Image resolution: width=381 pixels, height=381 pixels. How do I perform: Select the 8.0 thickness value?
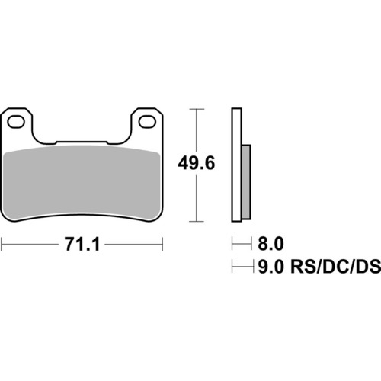(271, 244)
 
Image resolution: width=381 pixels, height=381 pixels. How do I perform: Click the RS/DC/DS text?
(329, 267)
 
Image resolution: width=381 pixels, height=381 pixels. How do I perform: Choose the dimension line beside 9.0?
(242, 267)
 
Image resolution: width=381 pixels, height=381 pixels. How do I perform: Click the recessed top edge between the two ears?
(84, 141)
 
